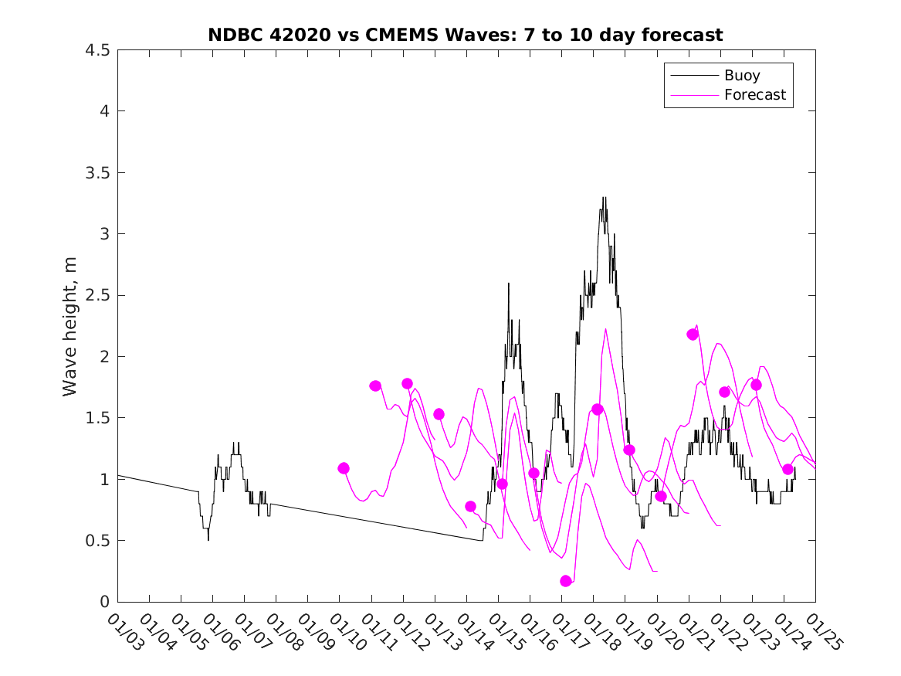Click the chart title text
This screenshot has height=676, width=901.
(465, 35)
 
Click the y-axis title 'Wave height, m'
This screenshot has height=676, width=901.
(70, 325)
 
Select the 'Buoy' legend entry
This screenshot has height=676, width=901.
(742, 76)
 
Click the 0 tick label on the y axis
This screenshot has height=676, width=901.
(103, 602)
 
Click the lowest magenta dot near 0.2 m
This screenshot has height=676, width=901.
(566, 581)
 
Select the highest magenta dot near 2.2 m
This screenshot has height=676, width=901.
(693, 335)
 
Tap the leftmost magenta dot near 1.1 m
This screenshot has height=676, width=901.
(344, 468)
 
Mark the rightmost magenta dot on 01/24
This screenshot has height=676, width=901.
(788, 469)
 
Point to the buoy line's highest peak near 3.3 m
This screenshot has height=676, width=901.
(604, 198)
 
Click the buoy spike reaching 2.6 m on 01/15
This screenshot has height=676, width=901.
(509, 284)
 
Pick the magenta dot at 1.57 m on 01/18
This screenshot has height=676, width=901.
(598, 409)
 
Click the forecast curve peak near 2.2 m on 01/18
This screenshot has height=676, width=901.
(605, 329)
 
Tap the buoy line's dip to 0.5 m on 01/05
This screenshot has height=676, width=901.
(208, 539)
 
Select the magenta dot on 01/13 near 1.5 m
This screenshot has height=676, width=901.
(439, 414)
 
